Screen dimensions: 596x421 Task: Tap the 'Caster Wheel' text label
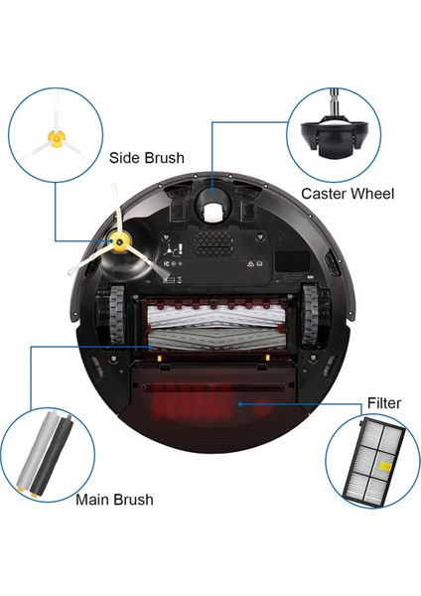pyautogui.click(x=347, y=194)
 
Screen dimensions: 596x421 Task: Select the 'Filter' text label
pyautogui.click(x=383, y=402)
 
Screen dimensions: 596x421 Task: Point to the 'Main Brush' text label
pyautogui.click(x=114, y=499)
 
